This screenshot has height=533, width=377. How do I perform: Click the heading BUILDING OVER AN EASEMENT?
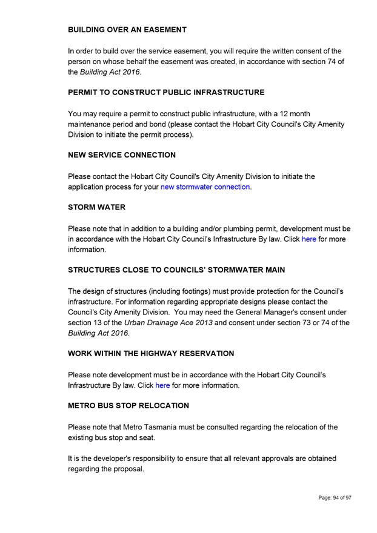pyautogui.click(x=127, y=29)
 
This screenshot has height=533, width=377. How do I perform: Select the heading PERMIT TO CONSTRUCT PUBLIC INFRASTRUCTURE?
pyautogui.click(x=166, y=92)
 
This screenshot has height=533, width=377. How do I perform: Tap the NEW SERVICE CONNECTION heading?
pyautogui.click(x=122, y=154)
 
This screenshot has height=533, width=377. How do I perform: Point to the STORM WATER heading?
pyautogui.click(x=97, y=207)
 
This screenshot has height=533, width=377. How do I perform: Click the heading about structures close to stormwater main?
pyautogui.click(x=176, y=270)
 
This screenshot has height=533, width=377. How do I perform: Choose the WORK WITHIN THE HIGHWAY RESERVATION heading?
pyautogui.click(x=151, y=353)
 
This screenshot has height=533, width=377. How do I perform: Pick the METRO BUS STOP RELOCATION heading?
pyautogui.click(x=128, y=405)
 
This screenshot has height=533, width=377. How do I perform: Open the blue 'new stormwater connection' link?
pyautogui.click(x=205, y=187)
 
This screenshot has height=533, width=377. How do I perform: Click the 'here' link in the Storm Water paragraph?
pyautogui.click(x=309, y=239)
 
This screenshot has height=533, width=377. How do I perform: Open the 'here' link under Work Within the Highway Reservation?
pyautogui.click(x=162, y=385)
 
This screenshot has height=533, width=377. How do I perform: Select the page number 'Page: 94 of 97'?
pyautogui.click(x=335, y=497)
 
